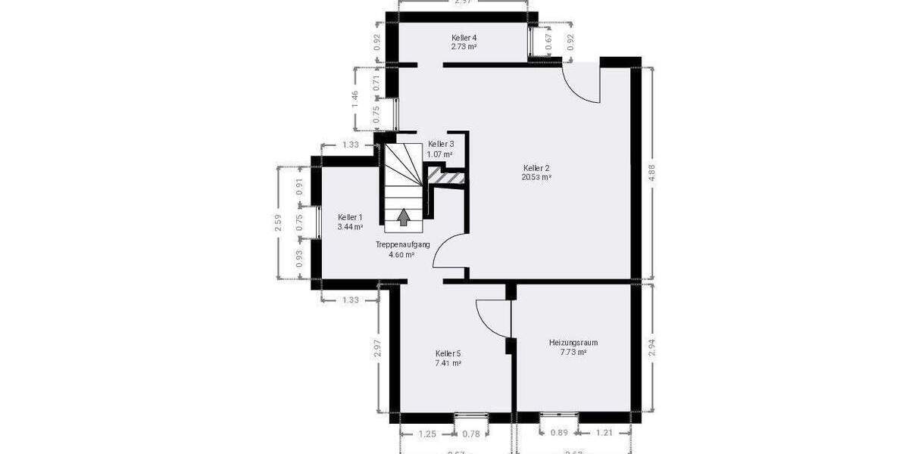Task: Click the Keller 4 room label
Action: coord(464,37)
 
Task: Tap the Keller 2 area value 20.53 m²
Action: coord(536,177)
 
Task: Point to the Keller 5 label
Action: coord(448,353)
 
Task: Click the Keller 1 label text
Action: coord(350,217)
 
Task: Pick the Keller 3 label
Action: coord(440,144)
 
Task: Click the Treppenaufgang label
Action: coord(402,244)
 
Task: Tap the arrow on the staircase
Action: coord(404,217)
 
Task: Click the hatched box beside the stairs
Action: coord(446,177)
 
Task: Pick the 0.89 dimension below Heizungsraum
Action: coord(558,433)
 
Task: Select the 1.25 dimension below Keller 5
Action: coord(427,433)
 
